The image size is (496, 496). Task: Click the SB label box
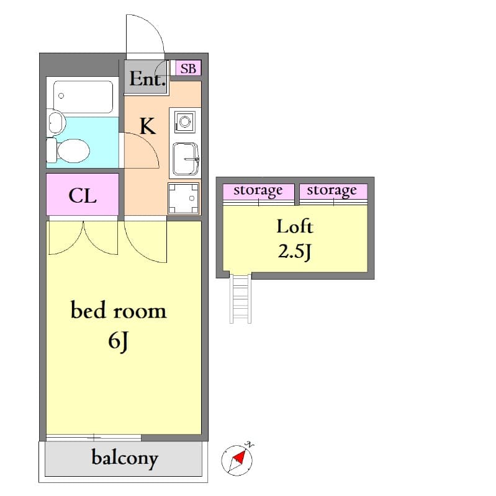tap(188, 68)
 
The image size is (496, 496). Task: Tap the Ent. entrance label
tap(147, 79)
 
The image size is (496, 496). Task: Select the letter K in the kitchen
tap(147, 126)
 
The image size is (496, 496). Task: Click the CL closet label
tap(83, 196)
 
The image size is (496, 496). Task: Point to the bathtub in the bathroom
tap(83, 97)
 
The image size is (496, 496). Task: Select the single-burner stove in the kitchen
tap(184, 122)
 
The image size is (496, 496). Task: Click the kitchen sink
tap(184, 159)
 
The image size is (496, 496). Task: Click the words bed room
tap(119, 310)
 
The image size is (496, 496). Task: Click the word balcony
tap(125, 458)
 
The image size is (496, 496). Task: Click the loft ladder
tap(240, 298)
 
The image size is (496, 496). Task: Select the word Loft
tap(294, 226)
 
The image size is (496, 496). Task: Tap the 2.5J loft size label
tap(294, 252)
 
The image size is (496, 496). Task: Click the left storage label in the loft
tap(258, 190)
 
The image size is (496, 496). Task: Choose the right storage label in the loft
tap(331, 190)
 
